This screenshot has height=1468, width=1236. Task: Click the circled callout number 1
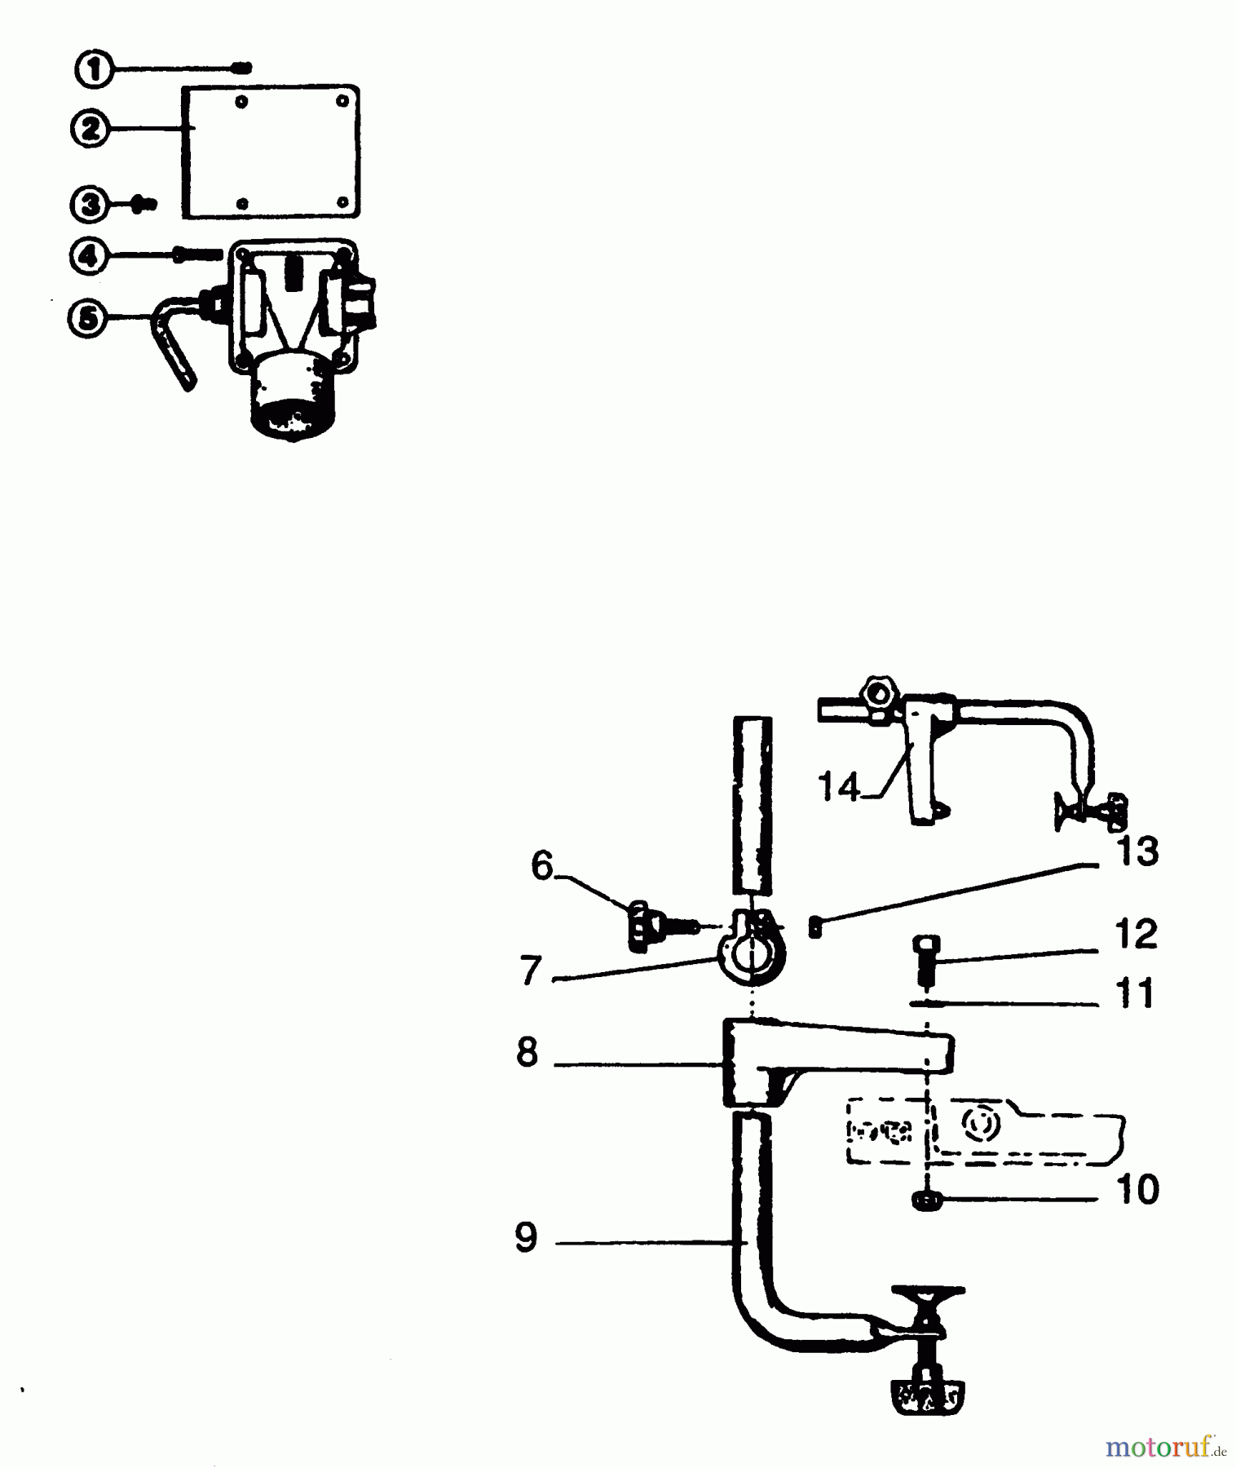click(95, 69)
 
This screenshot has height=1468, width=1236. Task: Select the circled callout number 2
click(90, 129)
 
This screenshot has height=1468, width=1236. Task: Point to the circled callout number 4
click(90, 257)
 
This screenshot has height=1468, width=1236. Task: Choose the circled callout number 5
click(88, 317)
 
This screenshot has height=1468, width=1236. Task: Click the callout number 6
click(542, 865)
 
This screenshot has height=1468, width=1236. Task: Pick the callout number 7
click(531, 971)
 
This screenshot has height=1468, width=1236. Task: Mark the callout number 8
click(528, 1053)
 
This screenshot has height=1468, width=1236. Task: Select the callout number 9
click(527, 1237)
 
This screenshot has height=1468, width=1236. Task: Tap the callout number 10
click(1137, 1190)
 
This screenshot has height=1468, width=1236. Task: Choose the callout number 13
click(1137, 851)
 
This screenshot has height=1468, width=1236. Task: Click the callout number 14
click(839, 787)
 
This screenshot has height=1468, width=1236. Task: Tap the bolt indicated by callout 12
click(924, 959)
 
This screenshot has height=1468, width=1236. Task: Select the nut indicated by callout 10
click(927, 1200)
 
